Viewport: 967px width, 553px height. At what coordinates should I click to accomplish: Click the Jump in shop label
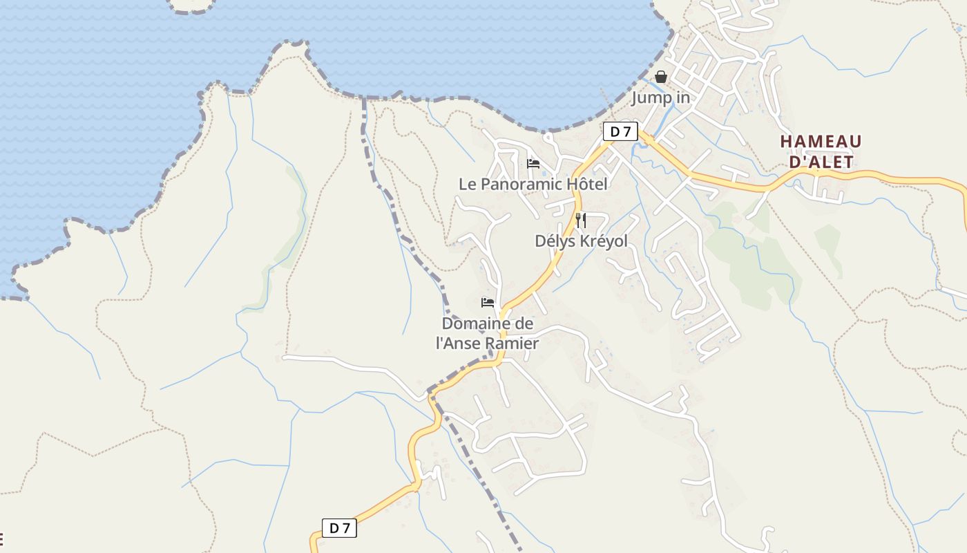click(x=660, y=97)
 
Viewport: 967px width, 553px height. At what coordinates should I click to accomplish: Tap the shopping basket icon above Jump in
click(x=661, y=77)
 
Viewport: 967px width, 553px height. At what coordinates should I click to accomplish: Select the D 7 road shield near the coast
click(x=620, y=131)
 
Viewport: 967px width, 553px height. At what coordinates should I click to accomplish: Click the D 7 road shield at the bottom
click(x=339, y=528)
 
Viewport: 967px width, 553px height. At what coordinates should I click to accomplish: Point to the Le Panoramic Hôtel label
click(x=533, y=184)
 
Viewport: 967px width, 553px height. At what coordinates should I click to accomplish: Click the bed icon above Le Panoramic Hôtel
click(x=533, y=164)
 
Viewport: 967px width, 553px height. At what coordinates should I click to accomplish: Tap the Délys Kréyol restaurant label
click(x=582, y=241)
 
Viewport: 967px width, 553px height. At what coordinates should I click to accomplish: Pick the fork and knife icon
click(x=581, y=221)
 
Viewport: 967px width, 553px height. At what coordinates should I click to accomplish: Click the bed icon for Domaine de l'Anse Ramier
click(x=488, y=303)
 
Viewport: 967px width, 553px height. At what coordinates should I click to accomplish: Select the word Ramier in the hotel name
click(x=512, y=342)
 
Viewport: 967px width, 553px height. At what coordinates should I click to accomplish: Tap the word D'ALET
click(x=821, y=162)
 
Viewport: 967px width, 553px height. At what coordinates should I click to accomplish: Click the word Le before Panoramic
click(x=468, y=184)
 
